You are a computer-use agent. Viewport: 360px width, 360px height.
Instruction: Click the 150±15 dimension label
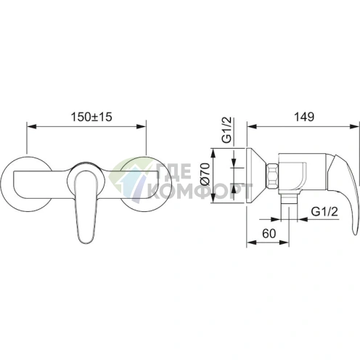pyautogui.click(x=91, y=117)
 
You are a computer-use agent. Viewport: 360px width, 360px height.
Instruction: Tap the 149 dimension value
pyautogui.click(x=304, y=117)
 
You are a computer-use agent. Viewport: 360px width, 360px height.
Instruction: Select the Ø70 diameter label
pyautogui.click(x=205, y=174)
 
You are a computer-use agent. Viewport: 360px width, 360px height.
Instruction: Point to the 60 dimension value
pyautogui.click(x=269, y=234)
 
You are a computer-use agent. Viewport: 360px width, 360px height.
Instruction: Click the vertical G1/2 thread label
pyautogui.click(x=227, y=130)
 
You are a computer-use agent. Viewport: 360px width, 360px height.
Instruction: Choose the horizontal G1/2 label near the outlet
pyautogui.click(x=324, y=212)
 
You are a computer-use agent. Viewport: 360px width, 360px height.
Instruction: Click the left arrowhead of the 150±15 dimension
pyautogui.click(x=31, y=126)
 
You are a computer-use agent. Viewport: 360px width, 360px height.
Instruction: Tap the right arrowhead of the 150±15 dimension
pyautogui.click(x=142, y=126)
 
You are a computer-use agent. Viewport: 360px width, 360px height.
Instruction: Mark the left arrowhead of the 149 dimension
pyautogui.click(x=252, y=126)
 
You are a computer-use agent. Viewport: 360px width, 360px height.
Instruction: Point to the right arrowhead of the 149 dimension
pyautogui.click(x=355, y=126)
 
